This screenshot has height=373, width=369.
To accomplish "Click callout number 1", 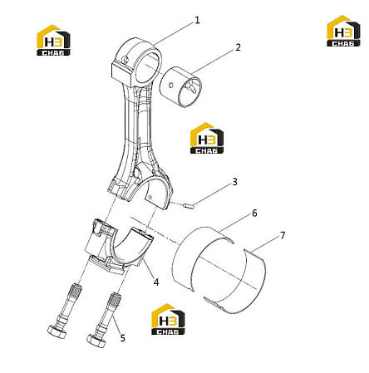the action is (197, 20).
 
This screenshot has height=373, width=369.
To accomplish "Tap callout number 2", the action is (238, 47).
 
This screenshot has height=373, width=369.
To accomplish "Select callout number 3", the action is (234, 182).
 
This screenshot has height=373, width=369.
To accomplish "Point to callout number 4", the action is (156, 282).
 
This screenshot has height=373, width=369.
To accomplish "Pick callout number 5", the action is (122, 338).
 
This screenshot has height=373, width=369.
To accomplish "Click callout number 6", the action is (254, 213).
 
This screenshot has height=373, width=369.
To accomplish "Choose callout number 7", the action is (283, 236).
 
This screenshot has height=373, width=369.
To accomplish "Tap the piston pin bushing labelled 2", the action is (180, 86).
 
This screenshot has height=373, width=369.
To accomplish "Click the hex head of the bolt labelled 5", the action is (96, 341).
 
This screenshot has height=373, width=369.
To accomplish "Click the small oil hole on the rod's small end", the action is (125, 60).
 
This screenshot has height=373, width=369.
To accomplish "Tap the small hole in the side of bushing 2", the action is (171, 85).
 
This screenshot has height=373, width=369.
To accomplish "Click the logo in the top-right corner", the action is (343, 31).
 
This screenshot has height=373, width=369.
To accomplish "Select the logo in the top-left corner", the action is (53, 41).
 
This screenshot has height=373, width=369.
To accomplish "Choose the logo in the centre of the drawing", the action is (207, 138).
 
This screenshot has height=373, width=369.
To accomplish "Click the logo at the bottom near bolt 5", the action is (168, 319).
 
